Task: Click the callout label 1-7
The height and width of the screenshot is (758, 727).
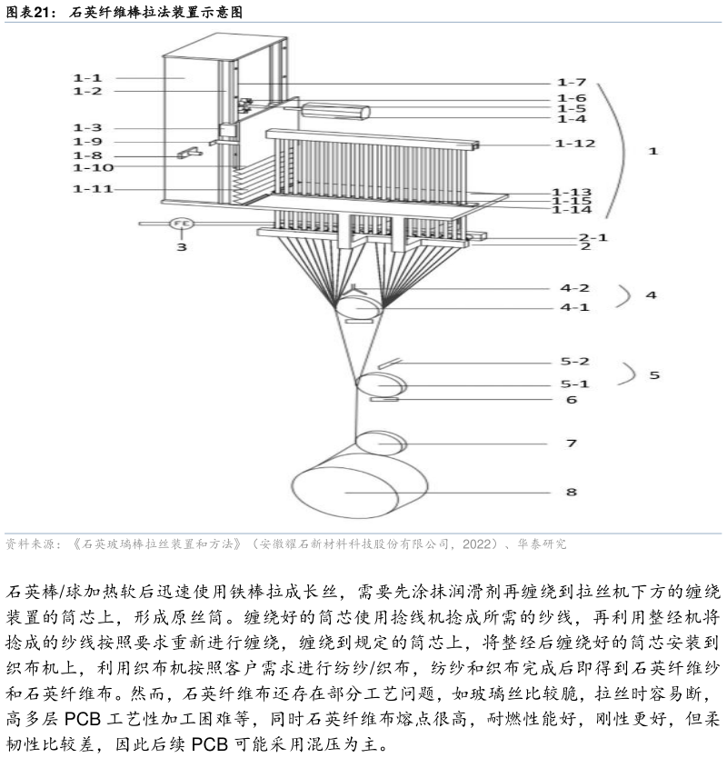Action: tap(572, 83)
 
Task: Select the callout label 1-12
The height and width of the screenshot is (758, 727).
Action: tap(574, 144)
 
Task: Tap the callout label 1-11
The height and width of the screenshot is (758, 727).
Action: tap(93, 188)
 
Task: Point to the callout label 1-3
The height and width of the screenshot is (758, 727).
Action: tap(87, 128)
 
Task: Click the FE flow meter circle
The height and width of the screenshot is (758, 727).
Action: tap(182, 224)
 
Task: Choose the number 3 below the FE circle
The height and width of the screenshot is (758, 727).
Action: tap(181, 247)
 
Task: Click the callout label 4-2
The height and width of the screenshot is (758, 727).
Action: tap(574, 288)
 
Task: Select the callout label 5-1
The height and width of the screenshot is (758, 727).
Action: tap(574, 384)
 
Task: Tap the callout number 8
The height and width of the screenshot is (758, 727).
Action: tap(572, 492)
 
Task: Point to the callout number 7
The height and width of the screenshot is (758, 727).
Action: tap(572, 444)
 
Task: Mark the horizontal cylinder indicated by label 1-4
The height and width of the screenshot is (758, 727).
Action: tap(335, 112)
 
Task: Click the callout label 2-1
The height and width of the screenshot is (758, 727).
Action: tap(593, 237)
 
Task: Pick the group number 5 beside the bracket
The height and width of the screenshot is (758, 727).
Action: tap(654, 375)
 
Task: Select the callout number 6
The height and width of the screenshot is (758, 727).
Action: tap(572, 400)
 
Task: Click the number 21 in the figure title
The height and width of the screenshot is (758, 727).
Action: tap(42, 12)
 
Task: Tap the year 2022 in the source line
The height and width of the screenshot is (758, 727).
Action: tap(476, 544)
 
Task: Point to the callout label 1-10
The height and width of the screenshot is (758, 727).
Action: tap(93, 168)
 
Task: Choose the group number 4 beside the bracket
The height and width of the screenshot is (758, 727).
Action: tap(651, 294)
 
